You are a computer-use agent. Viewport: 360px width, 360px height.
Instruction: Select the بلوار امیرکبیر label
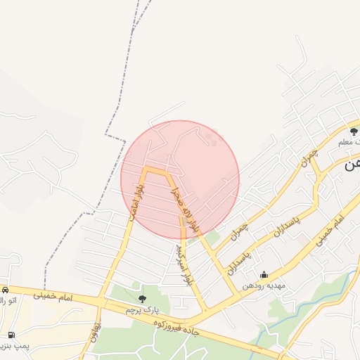(x=184, y=264)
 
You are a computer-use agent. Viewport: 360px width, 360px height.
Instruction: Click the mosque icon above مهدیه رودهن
(x=264, y=275)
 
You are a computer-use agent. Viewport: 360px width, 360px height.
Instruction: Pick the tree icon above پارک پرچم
(x=143, y=299)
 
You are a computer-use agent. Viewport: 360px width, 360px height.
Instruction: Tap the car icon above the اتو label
(x=4, y=290)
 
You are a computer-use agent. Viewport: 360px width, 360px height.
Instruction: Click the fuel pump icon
(x=11, y=335)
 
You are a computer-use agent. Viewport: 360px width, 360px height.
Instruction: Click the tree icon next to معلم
(x=354, y=131)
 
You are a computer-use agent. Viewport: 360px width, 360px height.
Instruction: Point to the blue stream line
(x=295, y=313)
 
